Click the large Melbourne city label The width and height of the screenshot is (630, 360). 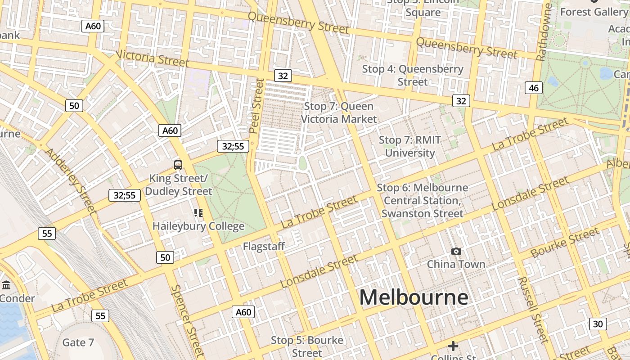(414, 297)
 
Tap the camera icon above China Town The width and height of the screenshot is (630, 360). (456, 251)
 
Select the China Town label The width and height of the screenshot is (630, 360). (456, 264)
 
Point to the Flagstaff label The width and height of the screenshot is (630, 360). (264, 246)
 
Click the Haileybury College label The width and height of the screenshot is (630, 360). (198, 226)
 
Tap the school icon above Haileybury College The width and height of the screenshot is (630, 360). (198, 212)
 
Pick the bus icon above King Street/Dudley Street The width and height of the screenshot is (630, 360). (178, 165)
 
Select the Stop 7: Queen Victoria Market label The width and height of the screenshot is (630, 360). (338, 112)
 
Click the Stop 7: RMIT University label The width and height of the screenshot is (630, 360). (410, 146)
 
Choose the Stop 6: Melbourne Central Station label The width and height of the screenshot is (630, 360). (422, 200)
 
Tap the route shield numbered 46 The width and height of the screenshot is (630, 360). (534, 88)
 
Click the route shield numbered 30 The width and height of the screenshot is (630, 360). (598, 324)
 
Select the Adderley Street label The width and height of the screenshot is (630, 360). (71, 180)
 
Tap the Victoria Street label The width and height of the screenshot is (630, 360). (152, 58)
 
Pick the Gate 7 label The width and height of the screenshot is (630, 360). (78, 342)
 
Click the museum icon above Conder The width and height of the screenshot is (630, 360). (6, 285)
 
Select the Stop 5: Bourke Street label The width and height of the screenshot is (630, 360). (307, 346)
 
